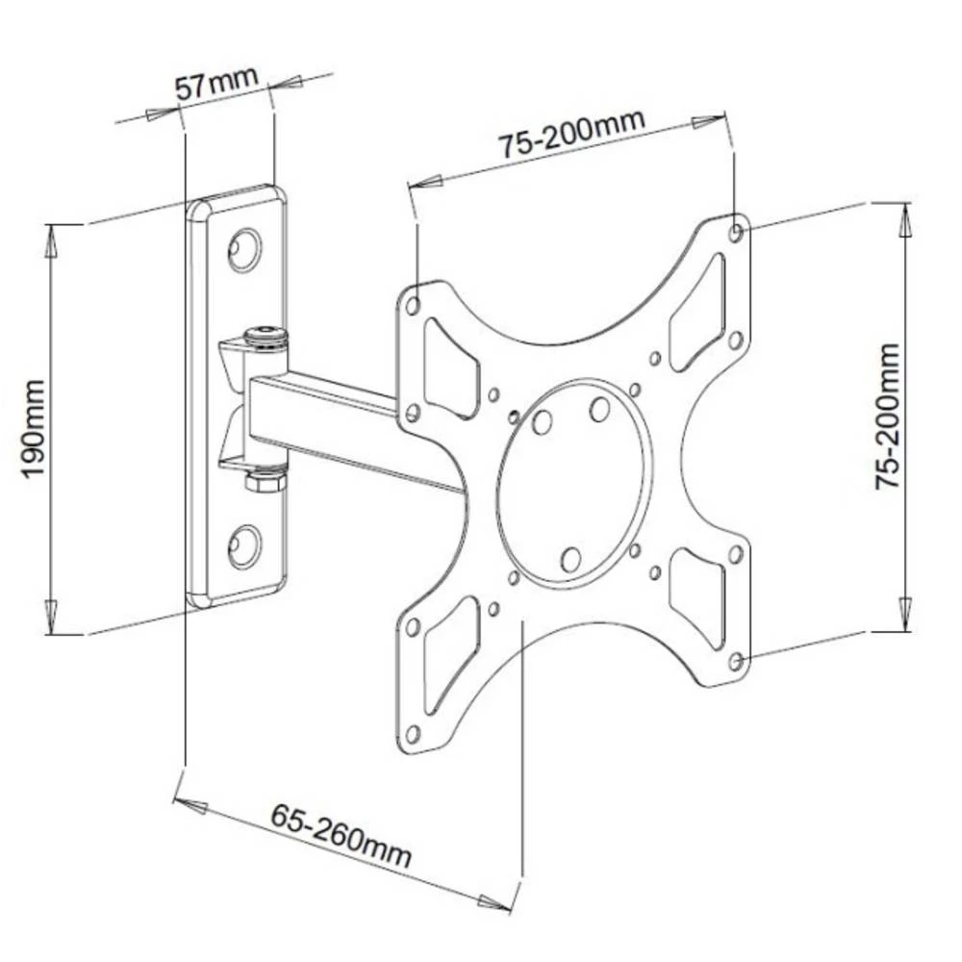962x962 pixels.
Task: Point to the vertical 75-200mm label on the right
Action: click(x=888, y=416)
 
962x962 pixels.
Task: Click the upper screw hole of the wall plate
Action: click(x=244, y=249)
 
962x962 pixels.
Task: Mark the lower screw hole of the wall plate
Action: click(x=244, y=546)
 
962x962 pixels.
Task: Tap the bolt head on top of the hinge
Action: click(x=266, y=336)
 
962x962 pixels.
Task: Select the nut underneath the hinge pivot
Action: click(x=266, y=478)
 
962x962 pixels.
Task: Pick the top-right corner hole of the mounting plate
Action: click(x=736, y=232)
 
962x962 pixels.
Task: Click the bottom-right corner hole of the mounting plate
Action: click(x=736, y=661)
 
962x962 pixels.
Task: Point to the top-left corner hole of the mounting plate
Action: click(x=414, y=306)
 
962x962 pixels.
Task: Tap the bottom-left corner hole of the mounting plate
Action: click(x=413, y=734)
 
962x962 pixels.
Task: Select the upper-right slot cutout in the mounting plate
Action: click(x=696, y=313)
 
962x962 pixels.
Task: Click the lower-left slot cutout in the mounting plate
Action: click(x=450, y=654)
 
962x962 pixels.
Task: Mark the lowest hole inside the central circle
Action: click(x=570, y=559)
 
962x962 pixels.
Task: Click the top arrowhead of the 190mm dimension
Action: click(x=52, y=241)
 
